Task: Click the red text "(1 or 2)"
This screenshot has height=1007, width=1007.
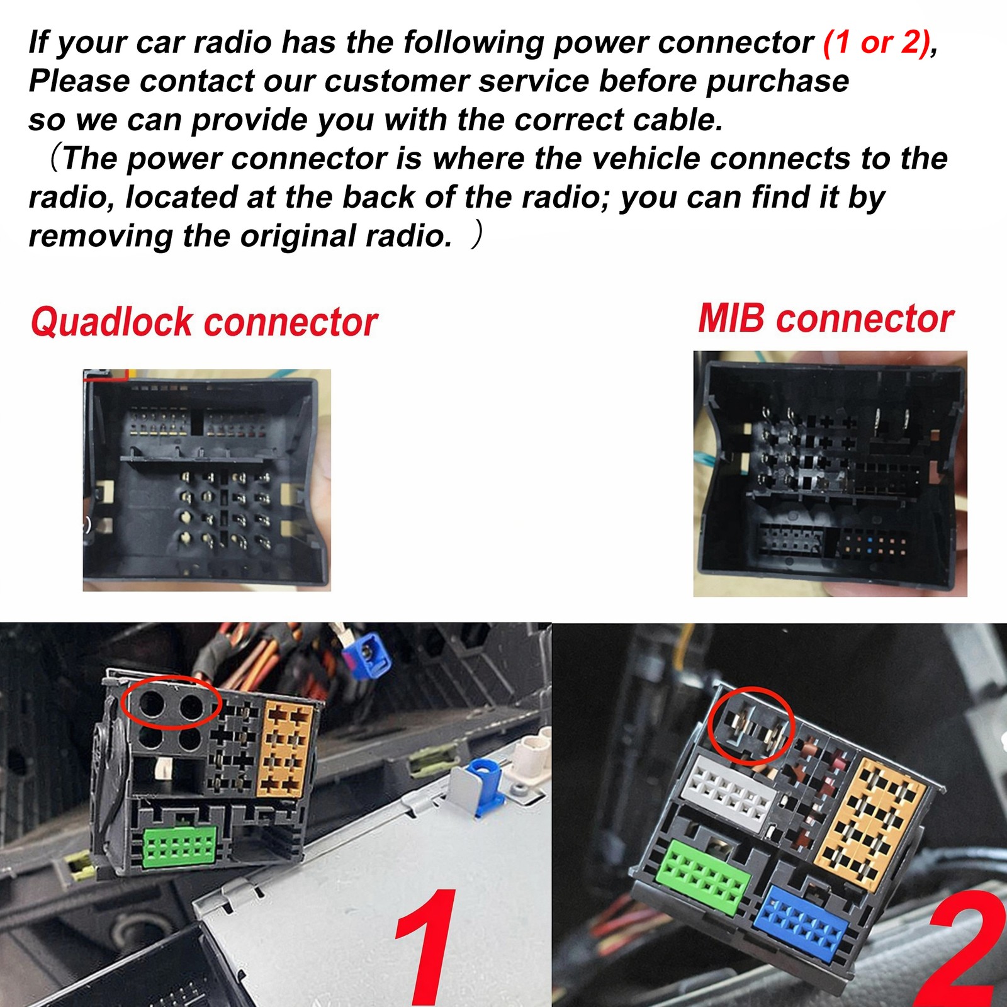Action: click(x=876, y=43)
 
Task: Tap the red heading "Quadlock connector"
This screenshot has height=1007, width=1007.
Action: click(x=205, y=322)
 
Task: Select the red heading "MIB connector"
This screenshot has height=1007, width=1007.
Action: click(x=826, y=318)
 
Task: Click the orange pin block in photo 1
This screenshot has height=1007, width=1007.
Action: click(x=286, y=750)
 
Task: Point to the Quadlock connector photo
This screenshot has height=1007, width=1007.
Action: click(x=207, y=480)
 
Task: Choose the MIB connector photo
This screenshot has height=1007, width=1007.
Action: click(x=830, y=474)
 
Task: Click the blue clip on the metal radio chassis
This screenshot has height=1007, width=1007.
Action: click(x=485, y=785)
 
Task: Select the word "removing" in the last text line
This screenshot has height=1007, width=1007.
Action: click(x=101, y=237)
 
